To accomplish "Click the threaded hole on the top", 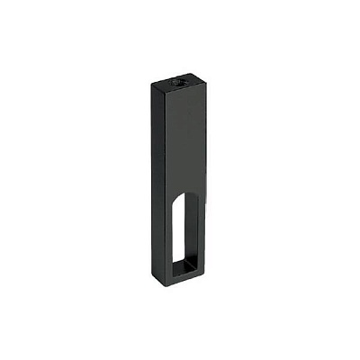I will tap(176, 82).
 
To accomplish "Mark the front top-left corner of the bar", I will tap(163, 89).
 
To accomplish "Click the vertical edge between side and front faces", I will tap(162, 180).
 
